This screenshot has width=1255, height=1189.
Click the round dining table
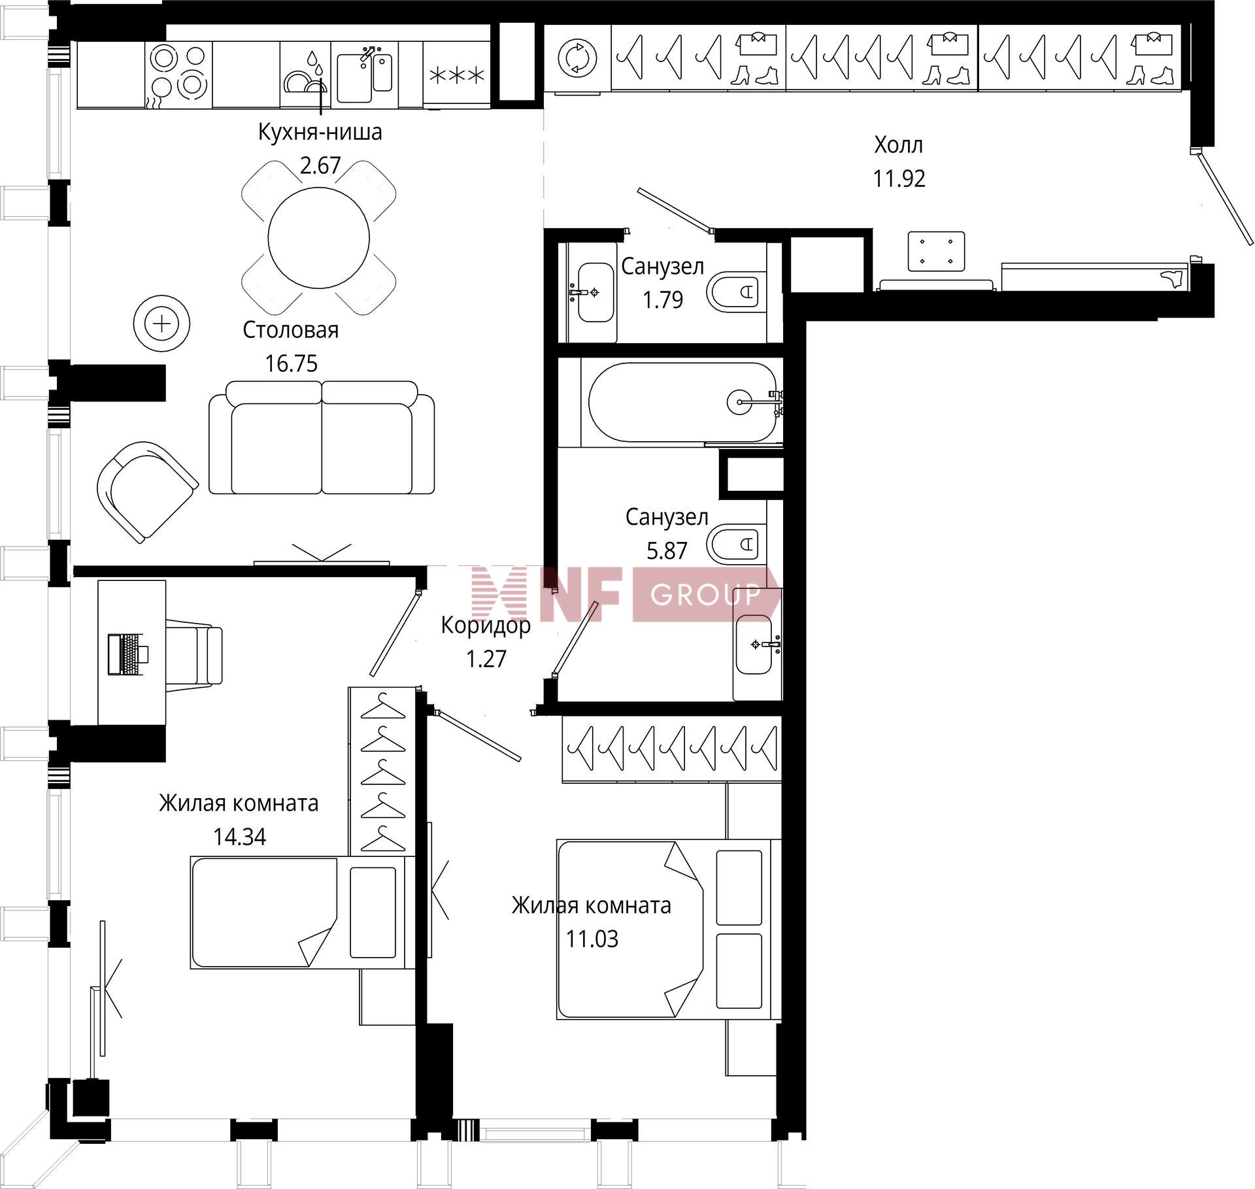(319, 237)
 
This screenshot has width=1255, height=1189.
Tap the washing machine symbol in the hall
(578, 58)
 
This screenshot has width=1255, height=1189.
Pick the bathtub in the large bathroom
(683, 403)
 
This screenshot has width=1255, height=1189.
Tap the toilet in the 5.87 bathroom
(734, 543)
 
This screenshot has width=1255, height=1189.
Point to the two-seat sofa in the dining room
(322, 437)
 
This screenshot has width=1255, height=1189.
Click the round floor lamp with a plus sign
(161, 324)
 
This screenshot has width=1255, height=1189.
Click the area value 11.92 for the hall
(899, 178)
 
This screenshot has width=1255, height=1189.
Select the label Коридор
(486, 625)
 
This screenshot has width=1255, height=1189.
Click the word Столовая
(291, 330)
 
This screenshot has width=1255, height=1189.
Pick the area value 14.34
(239, 837)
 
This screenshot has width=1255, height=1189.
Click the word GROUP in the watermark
(705, 594)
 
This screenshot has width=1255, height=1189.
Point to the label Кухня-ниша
(320, 132)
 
